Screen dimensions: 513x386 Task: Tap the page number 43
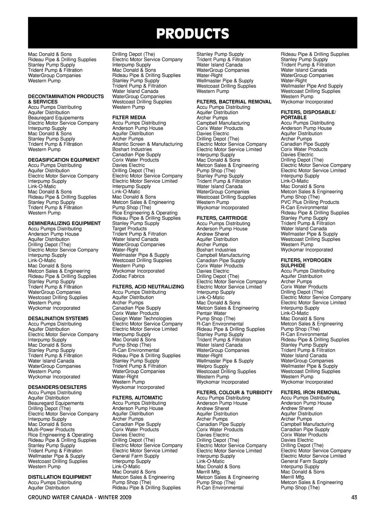click(x=354, y=497)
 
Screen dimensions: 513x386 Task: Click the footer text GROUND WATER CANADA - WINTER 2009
click(x=80, y=497)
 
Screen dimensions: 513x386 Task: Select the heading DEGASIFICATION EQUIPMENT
click(x=64, y=160)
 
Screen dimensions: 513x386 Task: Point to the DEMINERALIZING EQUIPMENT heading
click(x=64, y=223)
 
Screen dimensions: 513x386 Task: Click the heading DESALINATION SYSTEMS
click(x=58, y=319)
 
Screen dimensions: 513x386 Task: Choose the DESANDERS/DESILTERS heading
click(x=57, y=387)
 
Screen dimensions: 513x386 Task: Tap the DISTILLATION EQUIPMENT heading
click(x=60, y=477)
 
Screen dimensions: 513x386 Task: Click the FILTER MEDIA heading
click(x=129, y=118)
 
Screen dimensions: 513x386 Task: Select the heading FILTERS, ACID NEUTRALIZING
click(x=148, y=287)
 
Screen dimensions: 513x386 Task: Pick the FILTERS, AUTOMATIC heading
click(x=138, y=398)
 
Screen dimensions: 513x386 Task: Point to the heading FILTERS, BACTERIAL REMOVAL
click(x=234, y=102)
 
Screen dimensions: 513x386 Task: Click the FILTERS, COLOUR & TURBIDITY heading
click(x=234, y=393)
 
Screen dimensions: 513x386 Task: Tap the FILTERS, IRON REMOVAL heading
click(x=310, y=393)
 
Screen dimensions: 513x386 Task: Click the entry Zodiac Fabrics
click(x=128, y=276)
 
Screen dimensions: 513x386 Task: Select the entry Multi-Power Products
click(x=51, y=430)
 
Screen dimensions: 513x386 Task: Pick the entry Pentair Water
click(x=211, y=313)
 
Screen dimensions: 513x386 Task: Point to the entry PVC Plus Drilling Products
click(x=310, y=203)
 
